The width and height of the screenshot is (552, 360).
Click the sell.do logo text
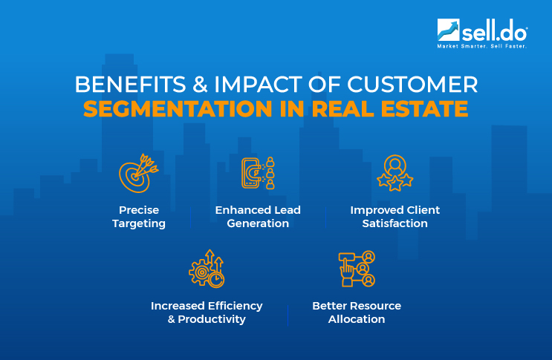[x=494, y=32]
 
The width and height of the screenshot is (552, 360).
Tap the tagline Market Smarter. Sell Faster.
[x=481, y=47]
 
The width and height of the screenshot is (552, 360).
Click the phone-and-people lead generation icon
[x=258, y=172]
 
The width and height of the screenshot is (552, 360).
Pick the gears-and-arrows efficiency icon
[x=206, y=269]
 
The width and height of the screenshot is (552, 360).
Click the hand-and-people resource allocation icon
[x=357, y=269]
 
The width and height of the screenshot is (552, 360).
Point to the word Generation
[x=258, y=223]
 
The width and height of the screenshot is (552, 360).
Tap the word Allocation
[x=357, y=319]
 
